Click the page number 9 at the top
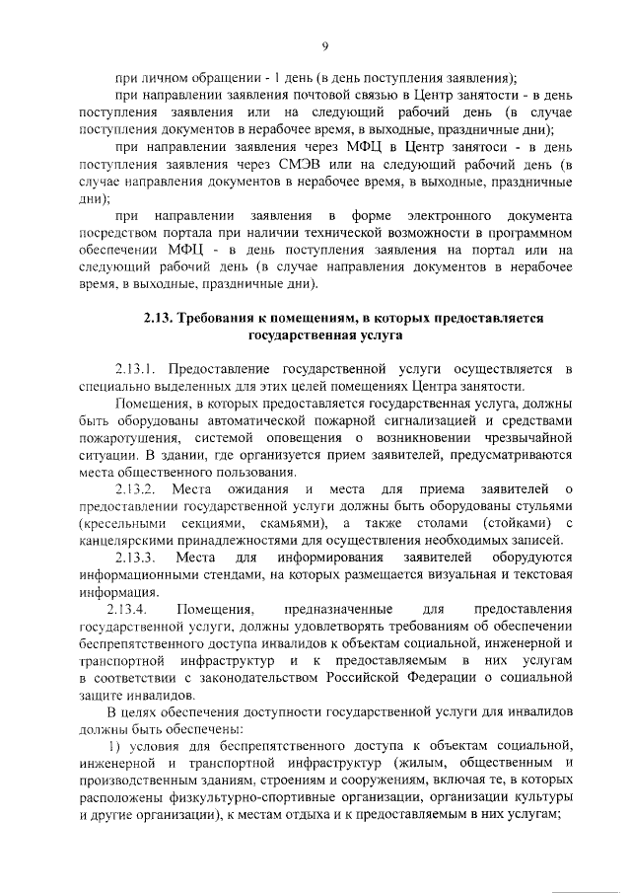(x=324, y=45)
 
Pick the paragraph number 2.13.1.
(x=139, y=369)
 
